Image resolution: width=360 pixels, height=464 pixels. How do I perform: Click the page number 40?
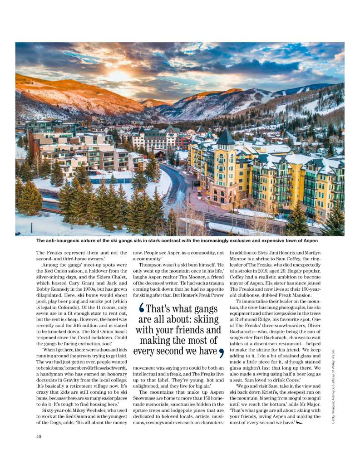click(39, 437)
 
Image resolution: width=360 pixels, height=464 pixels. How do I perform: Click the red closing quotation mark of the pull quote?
click(221, 352)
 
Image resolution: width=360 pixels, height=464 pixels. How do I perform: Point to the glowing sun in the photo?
click(119, 74)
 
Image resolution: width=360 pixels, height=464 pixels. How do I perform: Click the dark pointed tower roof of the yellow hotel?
click(225, 137)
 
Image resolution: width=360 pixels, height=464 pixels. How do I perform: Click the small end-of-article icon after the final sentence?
click(299, 423)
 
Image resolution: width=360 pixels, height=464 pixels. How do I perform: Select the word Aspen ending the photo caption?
click(308, 240)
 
